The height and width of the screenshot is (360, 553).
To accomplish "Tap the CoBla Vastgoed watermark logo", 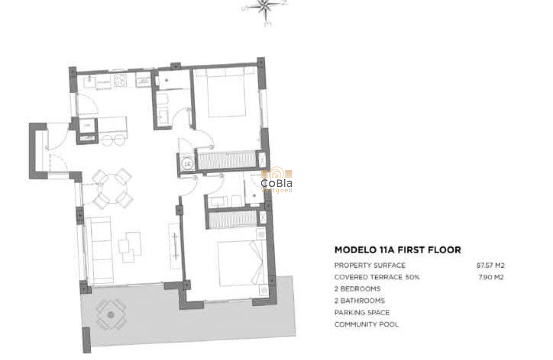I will (276, 181).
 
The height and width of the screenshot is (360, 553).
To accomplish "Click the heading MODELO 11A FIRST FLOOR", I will (397, 250).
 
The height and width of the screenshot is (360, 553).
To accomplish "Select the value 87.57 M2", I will (490, 265).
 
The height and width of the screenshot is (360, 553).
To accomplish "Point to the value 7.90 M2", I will (491, 277).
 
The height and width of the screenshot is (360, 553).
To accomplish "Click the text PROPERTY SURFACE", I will (370, 265).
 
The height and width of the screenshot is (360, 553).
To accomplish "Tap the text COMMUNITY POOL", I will (366, 324).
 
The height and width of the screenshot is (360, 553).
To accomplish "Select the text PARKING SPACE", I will (362, 312).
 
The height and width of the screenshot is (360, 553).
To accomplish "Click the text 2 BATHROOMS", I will (359, 301).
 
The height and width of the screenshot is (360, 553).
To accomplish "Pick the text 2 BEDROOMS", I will (357, 289).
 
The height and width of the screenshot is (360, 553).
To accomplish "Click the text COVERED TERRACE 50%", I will (377, 277).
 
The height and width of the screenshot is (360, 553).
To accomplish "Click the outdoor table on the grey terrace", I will (111, 315).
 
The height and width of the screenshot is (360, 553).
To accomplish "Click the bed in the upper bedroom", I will (227, 94).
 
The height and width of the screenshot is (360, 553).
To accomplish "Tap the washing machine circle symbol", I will (186, 163).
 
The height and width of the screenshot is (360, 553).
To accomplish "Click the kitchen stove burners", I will (121, 79).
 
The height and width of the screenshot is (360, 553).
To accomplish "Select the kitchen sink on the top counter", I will (91, 80).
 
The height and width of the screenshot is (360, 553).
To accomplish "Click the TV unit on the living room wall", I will (175, 246).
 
